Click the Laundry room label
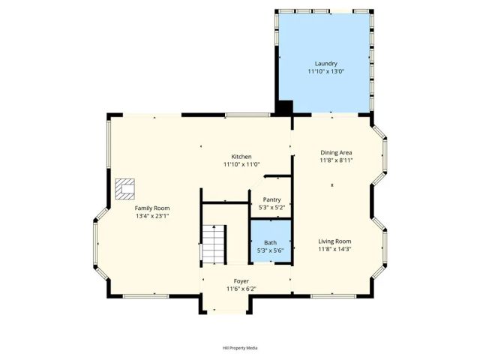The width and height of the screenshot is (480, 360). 325,64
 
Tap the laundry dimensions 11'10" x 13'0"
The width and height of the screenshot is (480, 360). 325,72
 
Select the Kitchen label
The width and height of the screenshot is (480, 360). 241,156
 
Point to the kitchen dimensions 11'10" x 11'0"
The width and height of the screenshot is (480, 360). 241,164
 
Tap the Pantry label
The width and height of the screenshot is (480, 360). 271,199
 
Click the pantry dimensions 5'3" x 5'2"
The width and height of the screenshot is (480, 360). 271,207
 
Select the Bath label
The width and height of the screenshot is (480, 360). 270,242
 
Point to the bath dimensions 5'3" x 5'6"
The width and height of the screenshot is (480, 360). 270,250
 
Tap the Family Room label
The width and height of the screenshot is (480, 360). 152,208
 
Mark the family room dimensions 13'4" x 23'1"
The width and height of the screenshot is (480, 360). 152,216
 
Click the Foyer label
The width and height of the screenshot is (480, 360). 241,281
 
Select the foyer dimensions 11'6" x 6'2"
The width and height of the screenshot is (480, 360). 241,289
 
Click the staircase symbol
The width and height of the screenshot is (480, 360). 214,244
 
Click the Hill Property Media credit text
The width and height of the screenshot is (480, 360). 240,348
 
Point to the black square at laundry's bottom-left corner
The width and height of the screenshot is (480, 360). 285,106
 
